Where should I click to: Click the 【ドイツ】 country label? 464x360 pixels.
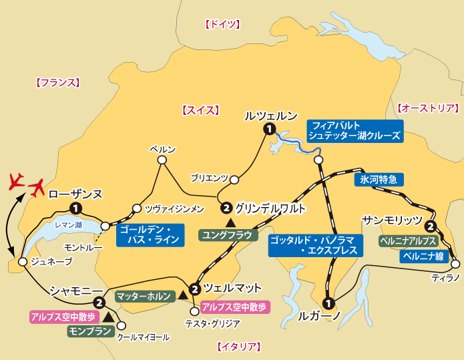pyautogui.click(x=221, y=25)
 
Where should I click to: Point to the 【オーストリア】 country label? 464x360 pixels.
pyautogui.click(x=428, y=108)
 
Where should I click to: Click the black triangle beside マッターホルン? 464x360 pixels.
pyautogui.click(x=183, y=295)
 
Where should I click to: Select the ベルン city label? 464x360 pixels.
pyautogui.click(x=162, y=149)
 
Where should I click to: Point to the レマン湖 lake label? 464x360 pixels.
pyautogui.click(x=68, y=225)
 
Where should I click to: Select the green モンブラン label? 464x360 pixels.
pyautogui.click(x=91, y=330)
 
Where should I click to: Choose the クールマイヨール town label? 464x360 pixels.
pyautogui.click(x=143, y=338)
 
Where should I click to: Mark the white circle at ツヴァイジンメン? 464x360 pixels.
pyautogui.click(x=138, y=208)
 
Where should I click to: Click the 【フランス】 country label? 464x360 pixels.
pyautogui.click(x=57, y=83)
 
